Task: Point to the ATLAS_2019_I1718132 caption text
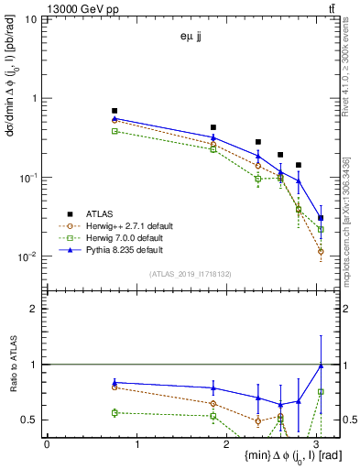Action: click(x=191, y=273)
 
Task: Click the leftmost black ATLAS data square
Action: click(x=115, y=111)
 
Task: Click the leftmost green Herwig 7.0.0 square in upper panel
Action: click(x=115, y=131)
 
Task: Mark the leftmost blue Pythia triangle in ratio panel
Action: click(x=115, y=382)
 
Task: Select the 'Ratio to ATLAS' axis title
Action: click(x=12, y=364)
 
